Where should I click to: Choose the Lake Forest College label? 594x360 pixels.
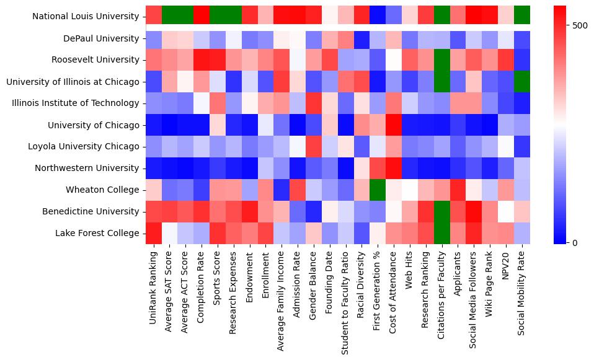100,233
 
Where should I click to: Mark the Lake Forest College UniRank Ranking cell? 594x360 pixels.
153,233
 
